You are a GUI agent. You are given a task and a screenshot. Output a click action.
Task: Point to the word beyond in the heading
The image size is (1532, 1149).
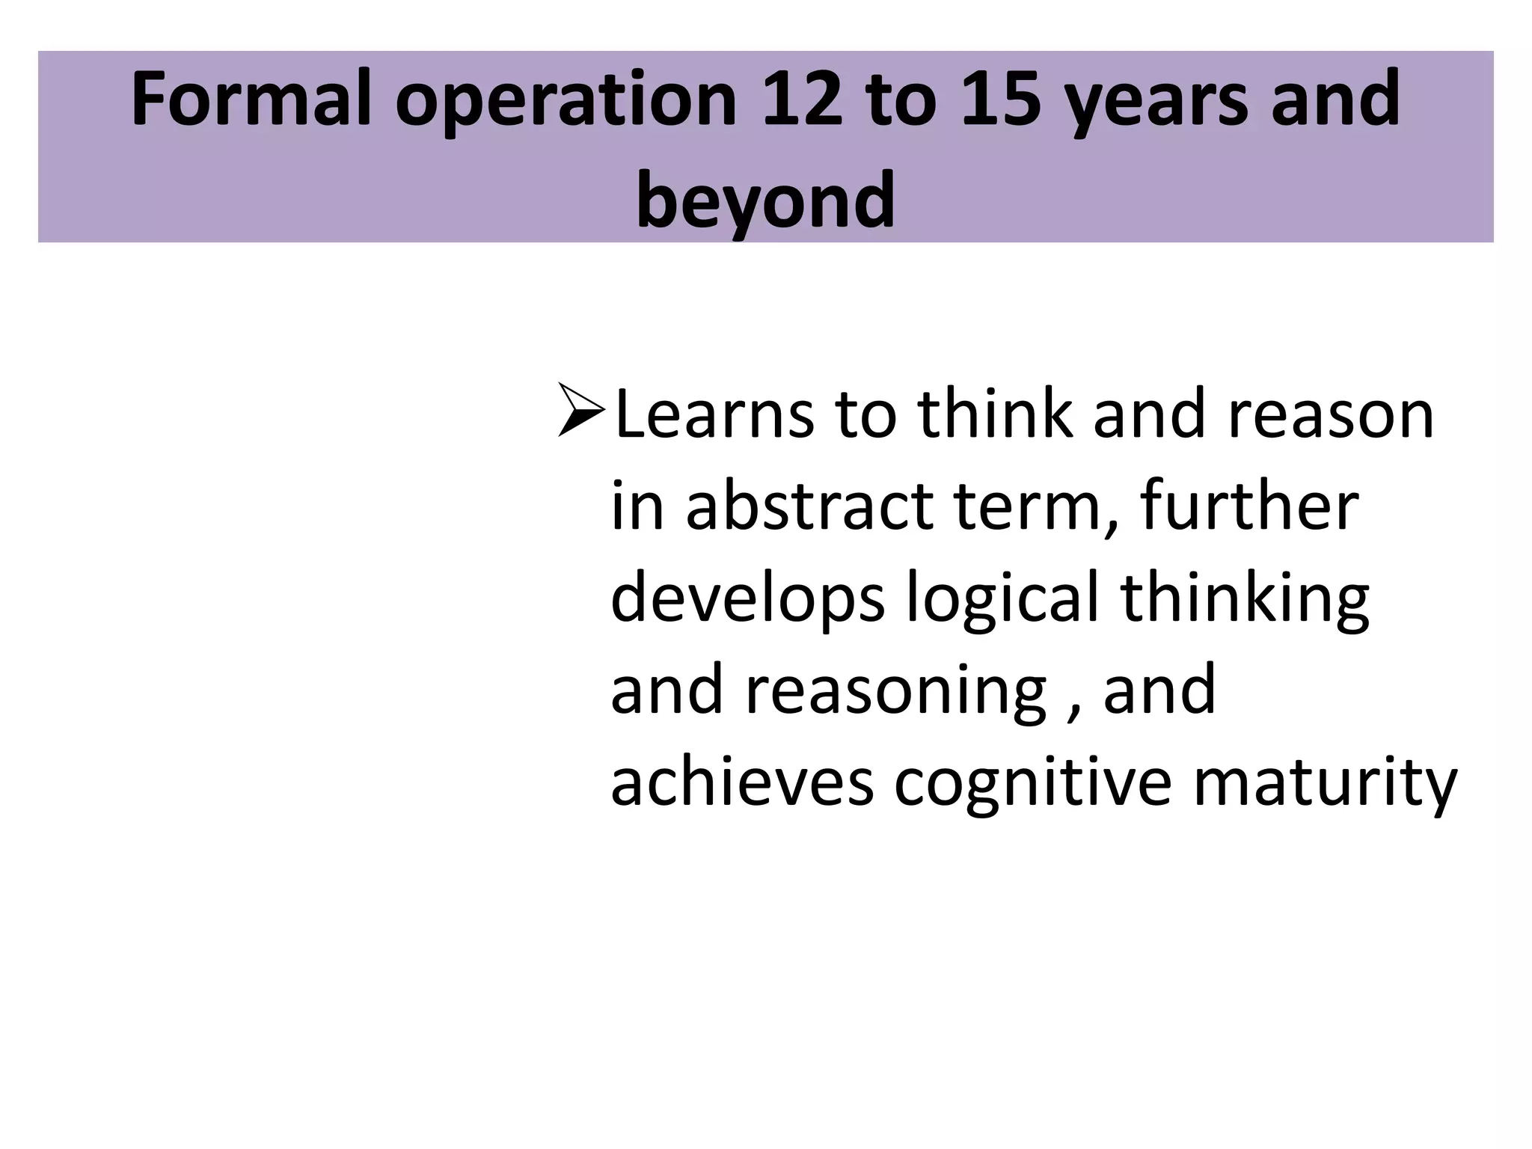click(x=765, y=200)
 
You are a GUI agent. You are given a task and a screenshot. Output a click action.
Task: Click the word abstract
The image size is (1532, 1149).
click(x=809, y=507)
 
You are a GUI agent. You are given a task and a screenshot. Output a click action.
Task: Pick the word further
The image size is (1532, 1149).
click(x=1249, y=507)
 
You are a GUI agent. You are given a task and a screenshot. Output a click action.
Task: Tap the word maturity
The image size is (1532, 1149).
click(x=1325, y=785)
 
